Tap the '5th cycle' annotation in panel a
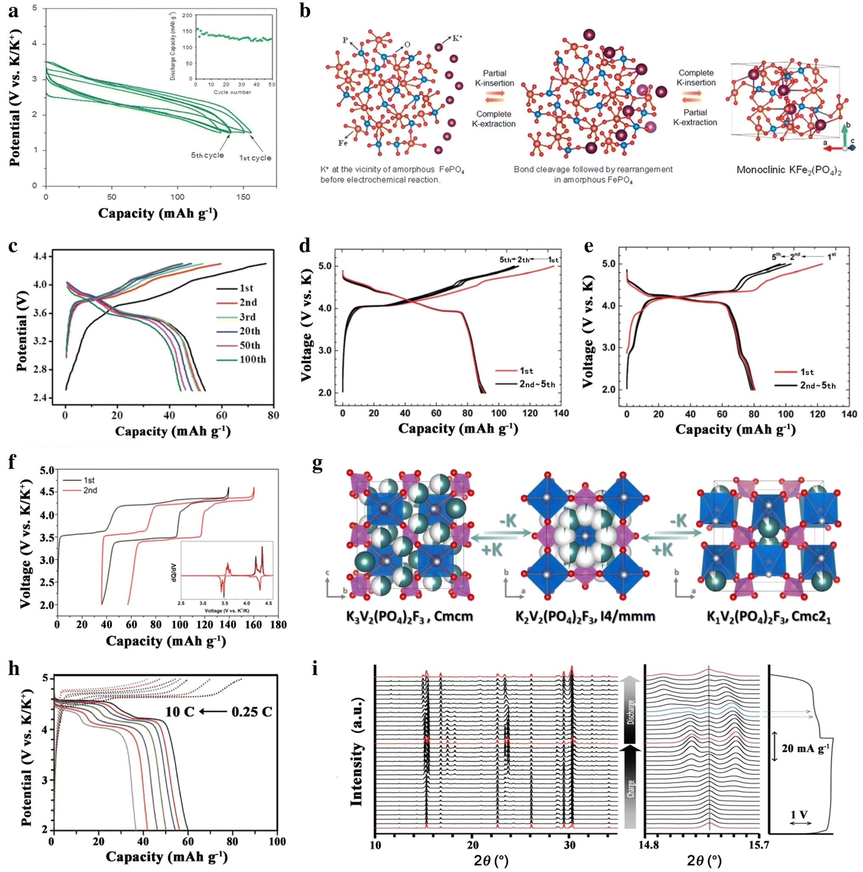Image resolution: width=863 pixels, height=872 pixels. (x=207, y=155)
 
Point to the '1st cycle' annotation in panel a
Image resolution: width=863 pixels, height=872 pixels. (x=255, y=158)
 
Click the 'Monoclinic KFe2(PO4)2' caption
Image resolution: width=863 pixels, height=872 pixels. (x=789, y=170)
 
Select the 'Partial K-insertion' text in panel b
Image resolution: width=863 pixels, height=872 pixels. (x=495, y=78)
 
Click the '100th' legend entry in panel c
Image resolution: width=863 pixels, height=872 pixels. (x=253, y=359)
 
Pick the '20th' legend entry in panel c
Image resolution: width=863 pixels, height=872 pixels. (x=250, y=331)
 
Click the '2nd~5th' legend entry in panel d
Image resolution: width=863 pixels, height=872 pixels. (x=537, y=384)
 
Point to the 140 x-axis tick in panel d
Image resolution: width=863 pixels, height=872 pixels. (x=561, y=413)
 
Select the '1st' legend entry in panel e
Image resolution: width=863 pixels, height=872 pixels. (x=807, y=372)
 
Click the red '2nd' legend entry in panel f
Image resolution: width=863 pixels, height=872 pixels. (x=90, y=490)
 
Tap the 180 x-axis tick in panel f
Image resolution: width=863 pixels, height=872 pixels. (x=278, y=625)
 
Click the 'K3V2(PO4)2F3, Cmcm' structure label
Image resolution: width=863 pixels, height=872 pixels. (x=409, y=617)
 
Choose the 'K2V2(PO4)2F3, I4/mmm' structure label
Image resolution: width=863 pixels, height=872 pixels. (x=585, y=617)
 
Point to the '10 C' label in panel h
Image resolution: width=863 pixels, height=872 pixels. (x=180, y=712)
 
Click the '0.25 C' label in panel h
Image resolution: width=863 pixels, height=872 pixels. (x=251, y=712)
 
